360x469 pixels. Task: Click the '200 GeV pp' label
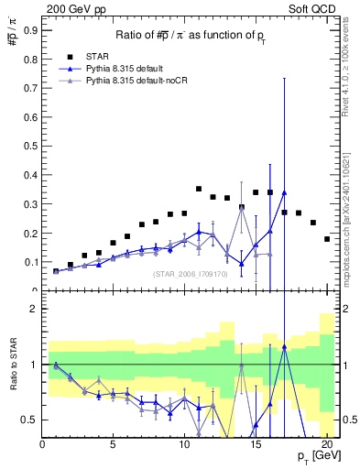72,7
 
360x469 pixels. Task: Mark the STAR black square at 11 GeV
199,189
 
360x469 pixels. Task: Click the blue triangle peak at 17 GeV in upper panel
284,192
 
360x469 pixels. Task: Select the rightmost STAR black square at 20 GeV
327,239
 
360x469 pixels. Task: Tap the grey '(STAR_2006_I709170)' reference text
190,273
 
